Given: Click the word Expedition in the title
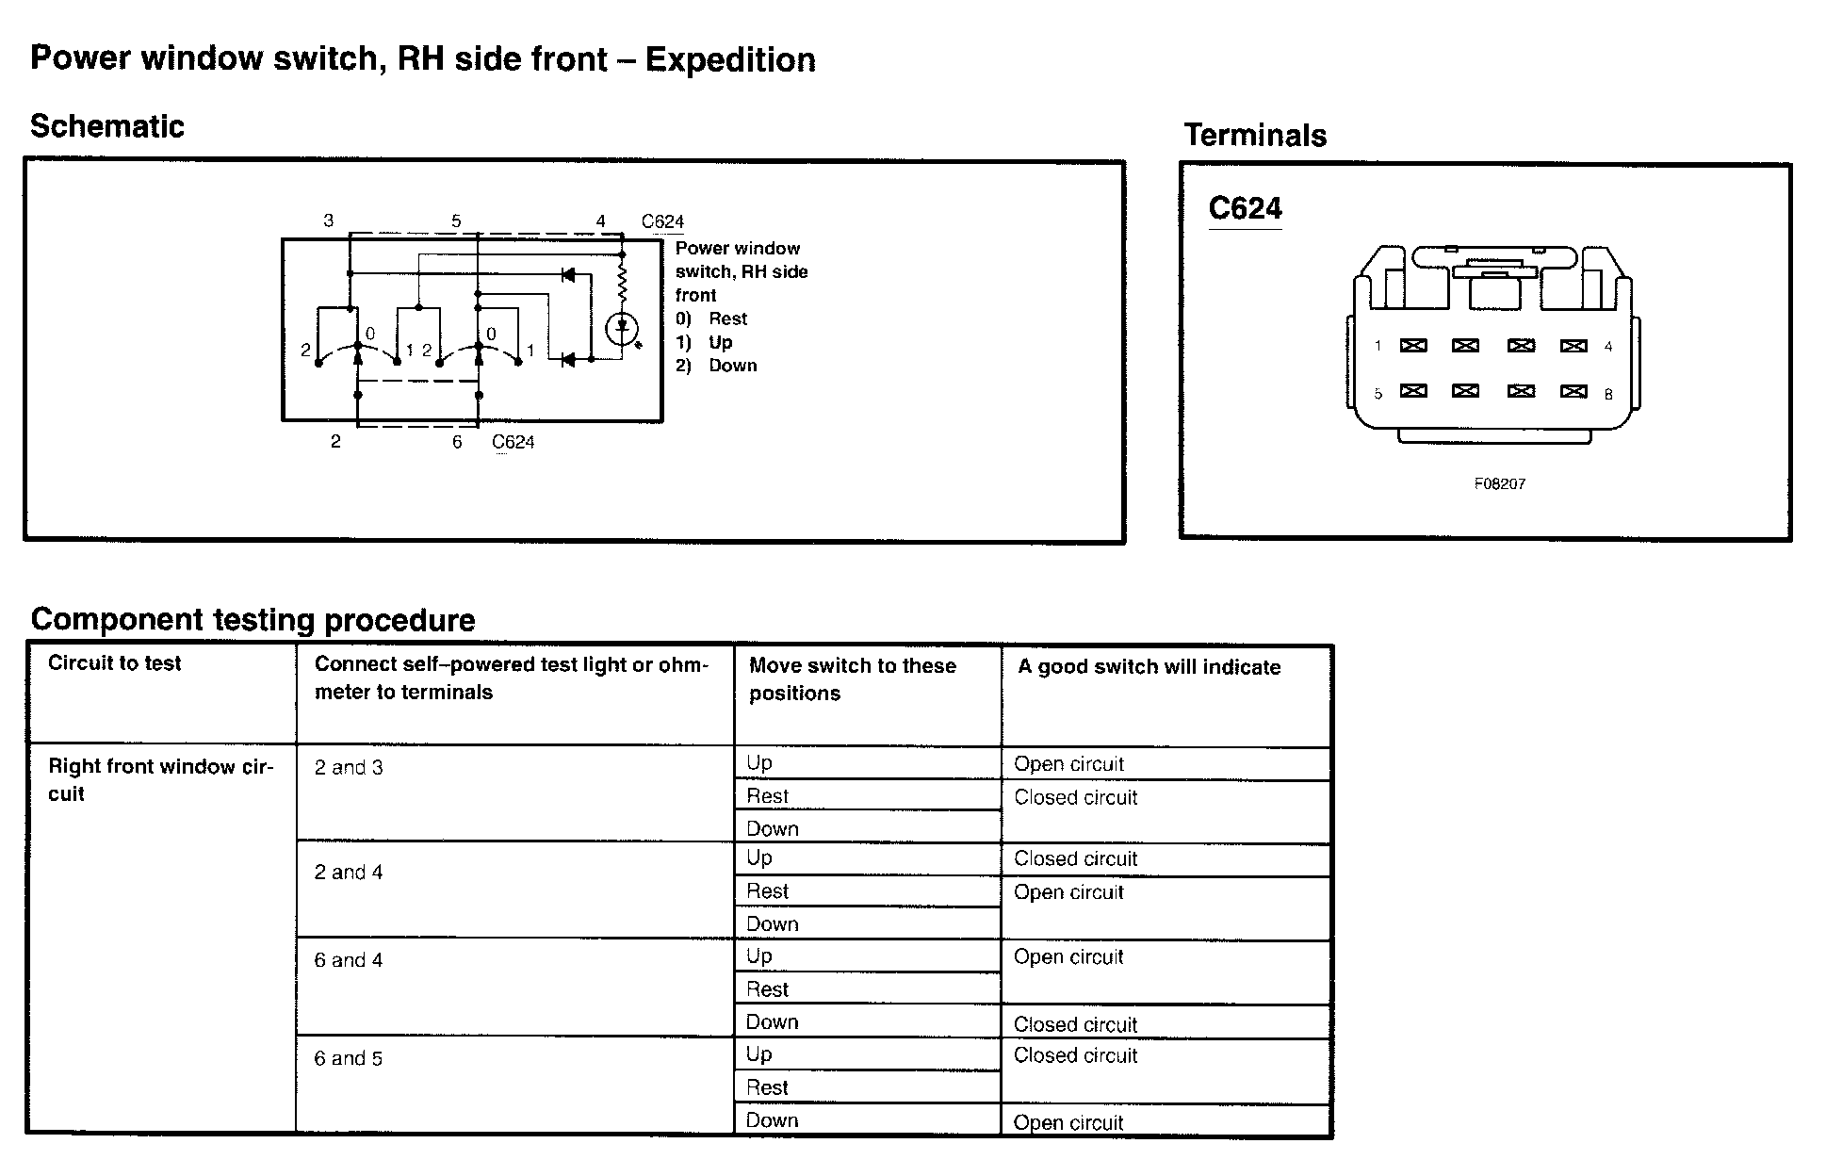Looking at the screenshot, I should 730,60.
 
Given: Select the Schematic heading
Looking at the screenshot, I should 107,126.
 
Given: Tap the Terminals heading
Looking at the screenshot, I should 1255,136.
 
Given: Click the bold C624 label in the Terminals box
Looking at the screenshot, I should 1245,208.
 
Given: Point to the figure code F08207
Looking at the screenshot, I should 1499,483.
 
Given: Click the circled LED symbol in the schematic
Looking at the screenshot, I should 622,329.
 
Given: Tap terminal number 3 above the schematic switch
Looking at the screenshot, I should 328,221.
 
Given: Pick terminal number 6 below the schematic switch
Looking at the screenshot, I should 457,442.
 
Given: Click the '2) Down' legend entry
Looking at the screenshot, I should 716,366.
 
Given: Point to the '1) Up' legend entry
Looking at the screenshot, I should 704,342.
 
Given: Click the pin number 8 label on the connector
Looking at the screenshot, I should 1608,395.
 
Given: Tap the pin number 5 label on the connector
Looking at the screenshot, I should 1378,394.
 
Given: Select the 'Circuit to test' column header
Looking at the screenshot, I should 114,663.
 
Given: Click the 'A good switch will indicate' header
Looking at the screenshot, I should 1149,667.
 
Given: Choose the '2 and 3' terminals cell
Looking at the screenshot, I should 349,768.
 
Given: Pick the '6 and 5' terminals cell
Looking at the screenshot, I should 349,1059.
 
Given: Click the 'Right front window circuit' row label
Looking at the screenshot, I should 160,780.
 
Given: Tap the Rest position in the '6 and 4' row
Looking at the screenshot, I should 767,989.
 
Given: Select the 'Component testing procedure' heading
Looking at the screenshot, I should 253,620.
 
